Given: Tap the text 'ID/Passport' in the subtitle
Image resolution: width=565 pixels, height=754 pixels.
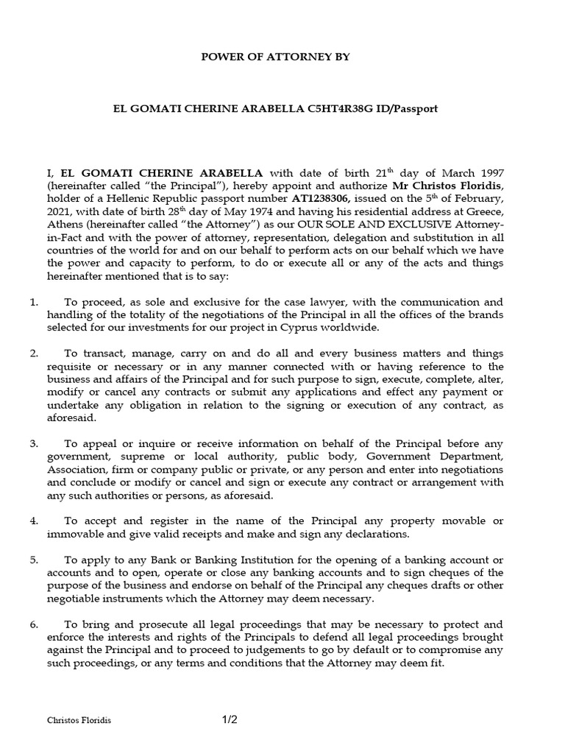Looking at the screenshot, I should [x=409, y=108].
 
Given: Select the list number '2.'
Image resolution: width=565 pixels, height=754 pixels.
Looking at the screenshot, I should [x=34, y=353].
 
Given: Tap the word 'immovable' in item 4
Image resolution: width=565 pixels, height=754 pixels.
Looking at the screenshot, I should [x=72, y=534].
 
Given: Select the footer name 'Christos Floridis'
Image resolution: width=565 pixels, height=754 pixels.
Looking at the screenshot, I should [x=79, y=722].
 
